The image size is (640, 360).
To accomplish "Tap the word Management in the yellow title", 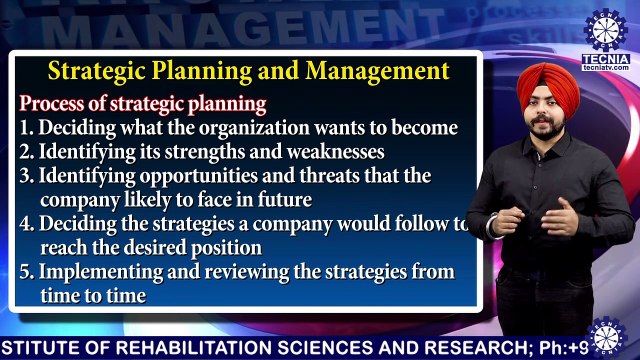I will (x=377, y=72).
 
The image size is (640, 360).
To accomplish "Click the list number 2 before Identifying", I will (x=26, y=153).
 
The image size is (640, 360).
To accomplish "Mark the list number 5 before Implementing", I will (x=26, y=272).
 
